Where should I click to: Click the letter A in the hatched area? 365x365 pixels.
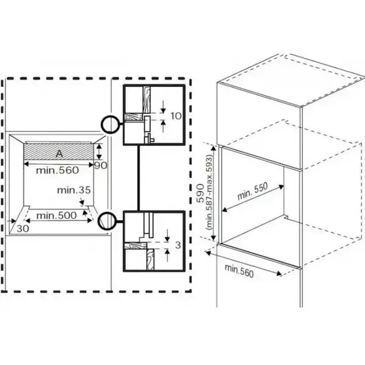60,153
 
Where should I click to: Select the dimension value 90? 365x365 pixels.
102,165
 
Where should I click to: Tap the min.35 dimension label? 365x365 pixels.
74,190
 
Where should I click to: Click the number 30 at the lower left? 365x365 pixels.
23,228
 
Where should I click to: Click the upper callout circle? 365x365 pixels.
109,125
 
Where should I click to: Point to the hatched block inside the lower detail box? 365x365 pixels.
134,247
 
